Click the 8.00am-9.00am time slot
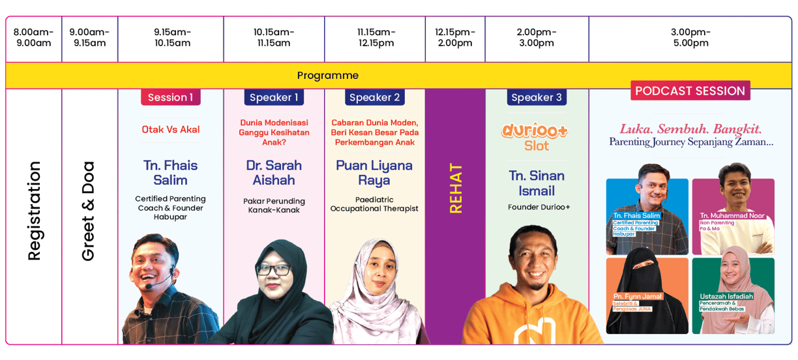tap(33, 37)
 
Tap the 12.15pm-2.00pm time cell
tap(455, 37)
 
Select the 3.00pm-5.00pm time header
tap(690, 37)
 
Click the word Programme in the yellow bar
tap(328, 75)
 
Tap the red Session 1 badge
tap(171, 97)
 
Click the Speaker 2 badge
tap(374, 97)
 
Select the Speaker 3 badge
tap(537, 97)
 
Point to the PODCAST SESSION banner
tap(690, 91)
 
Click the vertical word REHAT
tap(456, 188)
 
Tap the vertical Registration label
tap(34, 211)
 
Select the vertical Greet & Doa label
tap(88, 211)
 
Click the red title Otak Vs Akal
tap(171, 129)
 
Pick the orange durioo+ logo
tap(535, 131)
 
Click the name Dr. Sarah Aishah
tap(274, 173)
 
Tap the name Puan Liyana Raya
tap(374, 173)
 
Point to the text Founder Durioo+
tap(539, 207)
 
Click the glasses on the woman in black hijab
tap(274, 270)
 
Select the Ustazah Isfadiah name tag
tap(726, 296)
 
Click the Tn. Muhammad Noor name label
tap(732, 216)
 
